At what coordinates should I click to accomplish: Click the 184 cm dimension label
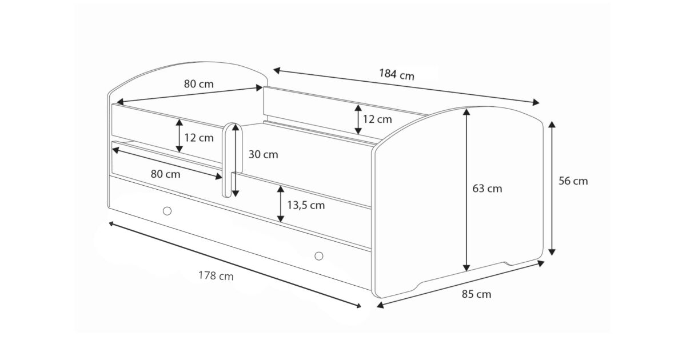point(397,74)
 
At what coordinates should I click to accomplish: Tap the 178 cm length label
point(216,276)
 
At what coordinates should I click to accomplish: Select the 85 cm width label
point(476,294)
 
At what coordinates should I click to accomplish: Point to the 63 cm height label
point(487,188)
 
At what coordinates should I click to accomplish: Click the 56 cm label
point(573,181)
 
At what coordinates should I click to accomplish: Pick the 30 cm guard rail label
point(263,154)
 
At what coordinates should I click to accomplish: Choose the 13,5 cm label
point(306,205)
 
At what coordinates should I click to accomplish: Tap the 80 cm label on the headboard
point(199,84)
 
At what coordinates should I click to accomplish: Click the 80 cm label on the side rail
point(165,174)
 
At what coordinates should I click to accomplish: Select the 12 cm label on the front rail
point(199,138)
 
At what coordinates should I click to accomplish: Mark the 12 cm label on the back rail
point(377,119)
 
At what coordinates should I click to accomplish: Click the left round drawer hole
point(167,211)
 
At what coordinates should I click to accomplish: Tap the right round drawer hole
point(319,255)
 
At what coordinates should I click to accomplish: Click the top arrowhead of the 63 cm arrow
point(466,111)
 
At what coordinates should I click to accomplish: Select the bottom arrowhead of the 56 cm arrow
point(552,252)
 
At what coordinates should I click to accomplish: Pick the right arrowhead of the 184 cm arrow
point(536,102)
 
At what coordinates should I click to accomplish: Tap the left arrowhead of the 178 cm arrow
point(111,224)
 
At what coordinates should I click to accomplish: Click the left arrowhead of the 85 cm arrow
point(380,305)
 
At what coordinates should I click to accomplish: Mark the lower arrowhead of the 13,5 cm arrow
point(281,219)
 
